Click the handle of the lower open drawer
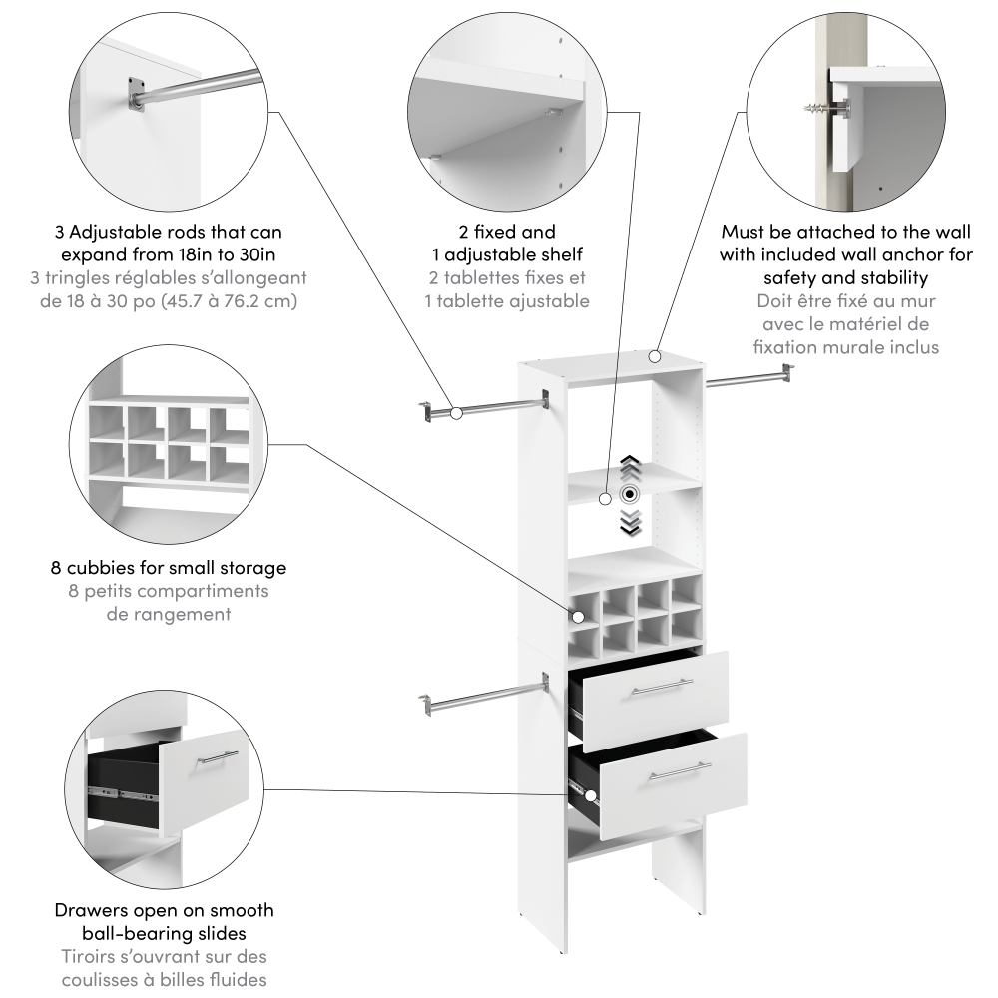pyautogui.click(x=679, y=771)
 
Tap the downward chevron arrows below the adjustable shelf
pyautogui.click(x=629, y=521)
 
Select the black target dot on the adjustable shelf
pyautogui.click(x=629, y=494)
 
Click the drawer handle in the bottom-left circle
pyautogui.click(x=217, y=757)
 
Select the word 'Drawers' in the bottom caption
pyautogui.click(x=90, y=910)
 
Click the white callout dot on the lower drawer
pyautogui.click(x=591, y=796)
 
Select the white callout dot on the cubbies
pyautogui.click(x=576, y=618)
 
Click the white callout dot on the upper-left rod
pyautogui.click(x=455, y=412)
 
